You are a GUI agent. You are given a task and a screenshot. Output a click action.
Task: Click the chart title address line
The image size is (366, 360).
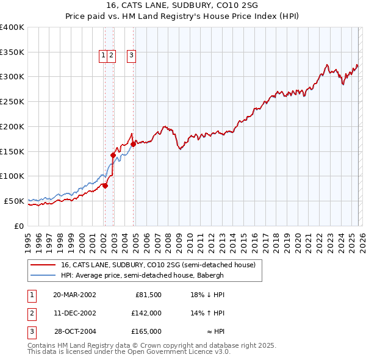click(x=182, y=6)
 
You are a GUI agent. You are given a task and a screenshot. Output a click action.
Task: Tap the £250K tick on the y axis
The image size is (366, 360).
click(x=12, y=101)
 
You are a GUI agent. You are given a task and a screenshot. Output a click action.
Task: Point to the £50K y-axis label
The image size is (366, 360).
click(x=14, y=201)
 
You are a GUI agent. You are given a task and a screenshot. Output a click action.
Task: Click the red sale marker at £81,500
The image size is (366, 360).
click(x=105, y=185)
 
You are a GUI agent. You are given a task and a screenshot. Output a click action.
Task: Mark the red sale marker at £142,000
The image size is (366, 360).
click(x=113, y=156)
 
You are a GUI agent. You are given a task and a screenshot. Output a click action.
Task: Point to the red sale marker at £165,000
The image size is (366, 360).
click(x=134, y=144)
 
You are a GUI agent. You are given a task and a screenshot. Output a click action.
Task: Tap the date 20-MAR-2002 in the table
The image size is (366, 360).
click(x=74, y=295)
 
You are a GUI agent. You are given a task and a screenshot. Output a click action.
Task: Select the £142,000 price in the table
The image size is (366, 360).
click(x=147, y=313)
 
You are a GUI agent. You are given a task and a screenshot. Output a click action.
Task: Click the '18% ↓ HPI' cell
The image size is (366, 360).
click(x=207, y=295)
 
